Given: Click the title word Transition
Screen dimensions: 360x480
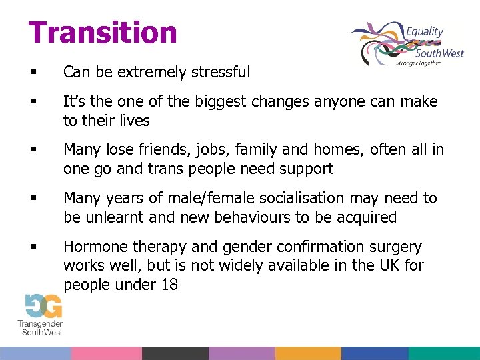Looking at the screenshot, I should pyautogui.click(x=103, y=32).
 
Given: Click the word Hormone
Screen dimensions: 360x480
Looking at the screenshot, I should pyautogui.click(x=93, y=247).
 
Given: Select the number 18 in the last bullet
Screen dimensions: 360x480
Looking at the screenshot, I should pyautogui.click(x=168, y=285).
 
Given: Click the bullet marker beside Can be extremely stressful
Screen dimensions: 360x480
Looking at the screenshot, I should pyautogui.click(x=33, y=72).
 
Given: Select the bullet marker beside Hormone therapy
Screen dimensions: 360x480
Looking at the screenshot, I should pyautogui.click(x=33, y=247).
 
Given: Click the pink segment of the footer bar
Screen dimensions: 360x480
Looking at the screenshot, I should pyautogui.click(x=106, y=353).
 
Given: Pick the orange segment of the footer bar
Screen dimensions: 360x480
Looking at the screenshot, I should pyautogui.click(x=308, y=353).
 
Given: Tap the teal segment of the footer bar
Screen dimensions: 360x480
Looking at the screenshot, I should pyautogui.click(x=443, y=353).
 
